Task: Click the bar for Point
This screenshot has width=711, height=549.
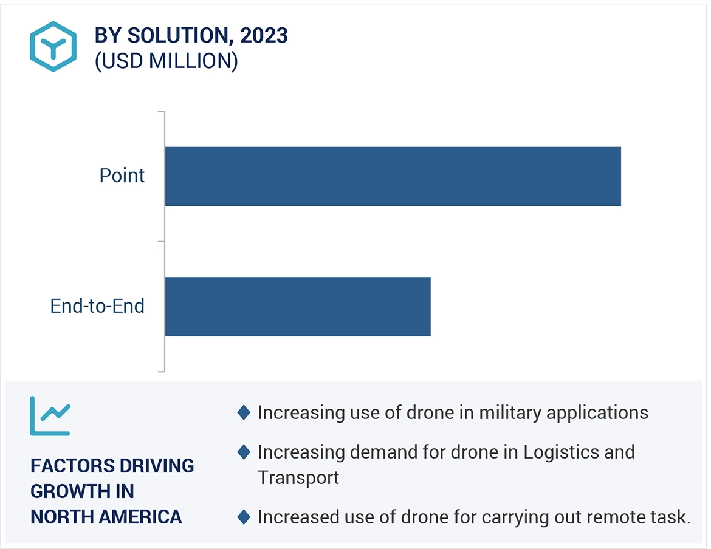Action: pos(393,176)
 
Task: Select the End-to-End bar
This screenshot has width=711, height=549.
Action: pos(298,307)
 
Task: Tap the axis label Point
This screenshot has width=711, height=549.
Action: pos(122,176)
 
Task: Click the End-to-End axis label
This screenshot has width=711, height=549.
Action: pos(97,306)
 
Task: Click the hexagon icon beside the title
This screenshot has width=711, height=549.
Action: pos(53,46)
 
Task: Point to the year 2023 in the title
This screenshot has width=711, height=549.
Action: pos(264,36)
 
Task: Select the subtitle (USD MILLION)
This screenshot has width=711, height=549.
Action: pos(166,61)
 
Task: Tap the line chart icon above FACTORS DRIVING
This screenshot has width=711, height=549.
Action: pos(50,416)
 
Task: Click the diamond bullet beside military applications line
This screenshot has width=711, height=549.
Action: pos(244,413)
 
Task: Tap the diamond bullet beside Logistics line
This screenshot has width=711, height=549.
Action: pos(244,452)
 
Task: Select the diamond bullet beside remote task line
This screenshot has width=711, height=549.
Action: pos(244,517)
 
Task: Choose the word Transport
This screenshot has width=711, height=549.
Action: pos(298,477)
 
